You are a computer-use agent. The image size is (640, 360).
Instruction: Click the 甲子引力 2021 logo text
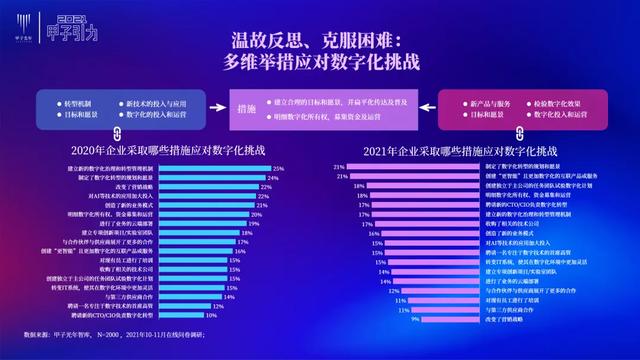pyautogui.click(x=79, y=26)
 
